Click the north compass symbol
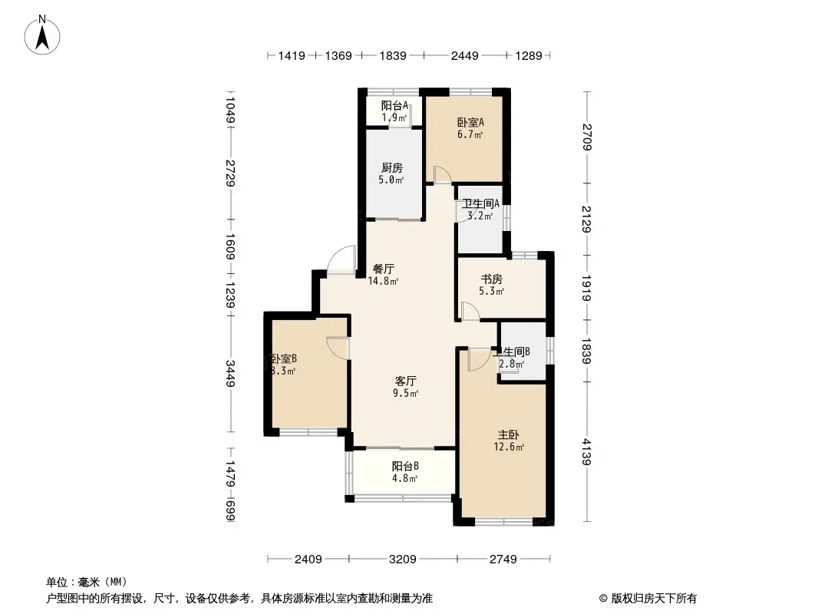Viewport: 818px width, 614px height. point(44,35)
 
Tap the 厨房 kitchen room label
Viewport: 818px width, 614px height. point(391,168)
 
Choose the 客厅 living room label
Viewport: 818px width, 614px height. point(406,381)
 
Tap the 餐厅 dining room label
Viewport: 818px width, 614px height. point(384,269)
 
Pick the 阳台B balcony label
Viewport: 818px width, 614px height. point(404,466)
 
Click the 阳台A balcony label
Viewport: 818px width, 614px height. point(394,106)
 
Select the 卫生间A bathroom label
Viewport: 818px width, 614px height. point(481,203)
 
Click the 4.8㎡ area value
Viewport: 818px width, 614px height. point(404,478)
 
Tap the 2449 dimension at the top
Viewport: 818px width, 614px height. point(464,55)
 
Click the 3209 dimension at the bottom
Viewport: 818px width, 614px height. point(402,559)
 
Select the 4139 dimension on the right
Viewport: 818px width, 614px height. point(587,451)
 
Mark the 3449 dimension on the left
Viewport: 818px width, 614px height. point(229,376)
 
